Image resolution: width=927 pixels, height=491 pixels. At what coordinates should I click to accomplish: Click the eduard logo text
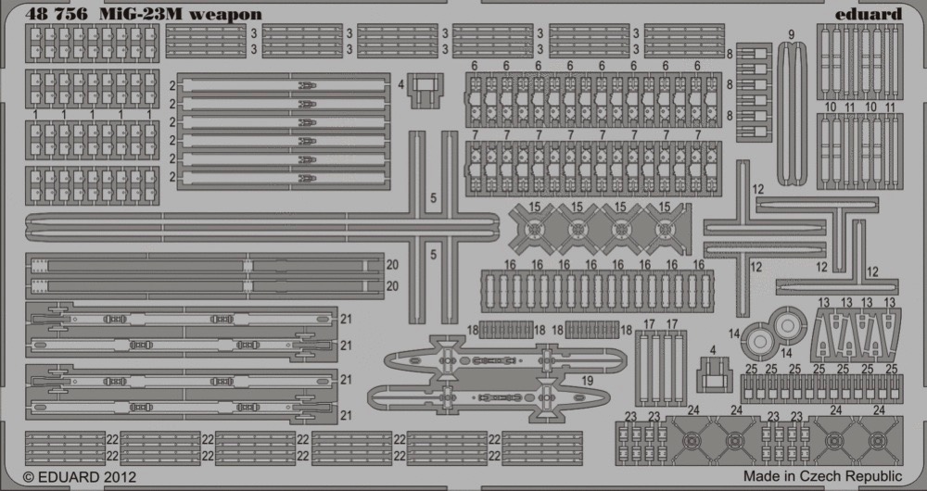pos(869,14)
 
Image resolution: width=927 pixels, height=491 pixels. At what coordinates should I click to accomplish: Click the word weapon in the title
pos(224,15)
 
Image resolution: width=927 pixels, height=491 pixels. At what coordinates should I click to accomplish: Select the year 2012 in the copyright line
pos(119,477)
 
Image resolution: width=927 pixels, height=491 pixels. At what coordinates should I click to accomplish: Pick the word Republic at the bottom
pos(875,477)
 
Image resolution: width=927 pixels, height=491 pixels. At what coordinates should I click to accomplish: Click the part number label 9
pos(791,34)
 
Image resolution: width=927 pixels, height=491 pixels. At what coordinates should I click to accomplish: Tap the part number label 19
pos(587,382)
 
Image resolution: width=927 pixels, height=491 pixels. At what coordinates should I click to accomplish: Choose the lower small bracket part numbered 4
pos(715,375)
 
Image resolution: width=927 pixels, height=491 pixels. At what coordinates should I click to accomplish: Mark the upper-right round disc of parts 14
pos(788,324)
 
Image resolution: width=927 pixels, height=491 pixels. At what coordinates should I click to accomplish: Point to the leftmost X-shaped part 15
pos(535,229)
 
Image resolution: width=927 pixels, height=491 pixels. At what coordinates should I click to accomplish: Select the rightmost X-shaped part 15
pos(667,229)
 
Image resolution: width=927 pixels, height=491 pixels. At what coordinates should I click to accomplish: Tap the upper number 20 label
pos(392,265)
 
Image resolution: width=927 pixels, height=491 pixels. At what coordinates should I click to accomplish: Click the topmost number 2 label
pos(172,85)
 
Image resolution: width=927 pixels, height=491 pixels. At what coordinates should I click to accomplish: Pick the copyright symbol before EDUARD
pos(29,477)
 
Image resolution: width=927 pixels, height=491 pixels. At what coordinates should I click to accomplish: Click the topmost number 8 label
pos(730,54)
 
